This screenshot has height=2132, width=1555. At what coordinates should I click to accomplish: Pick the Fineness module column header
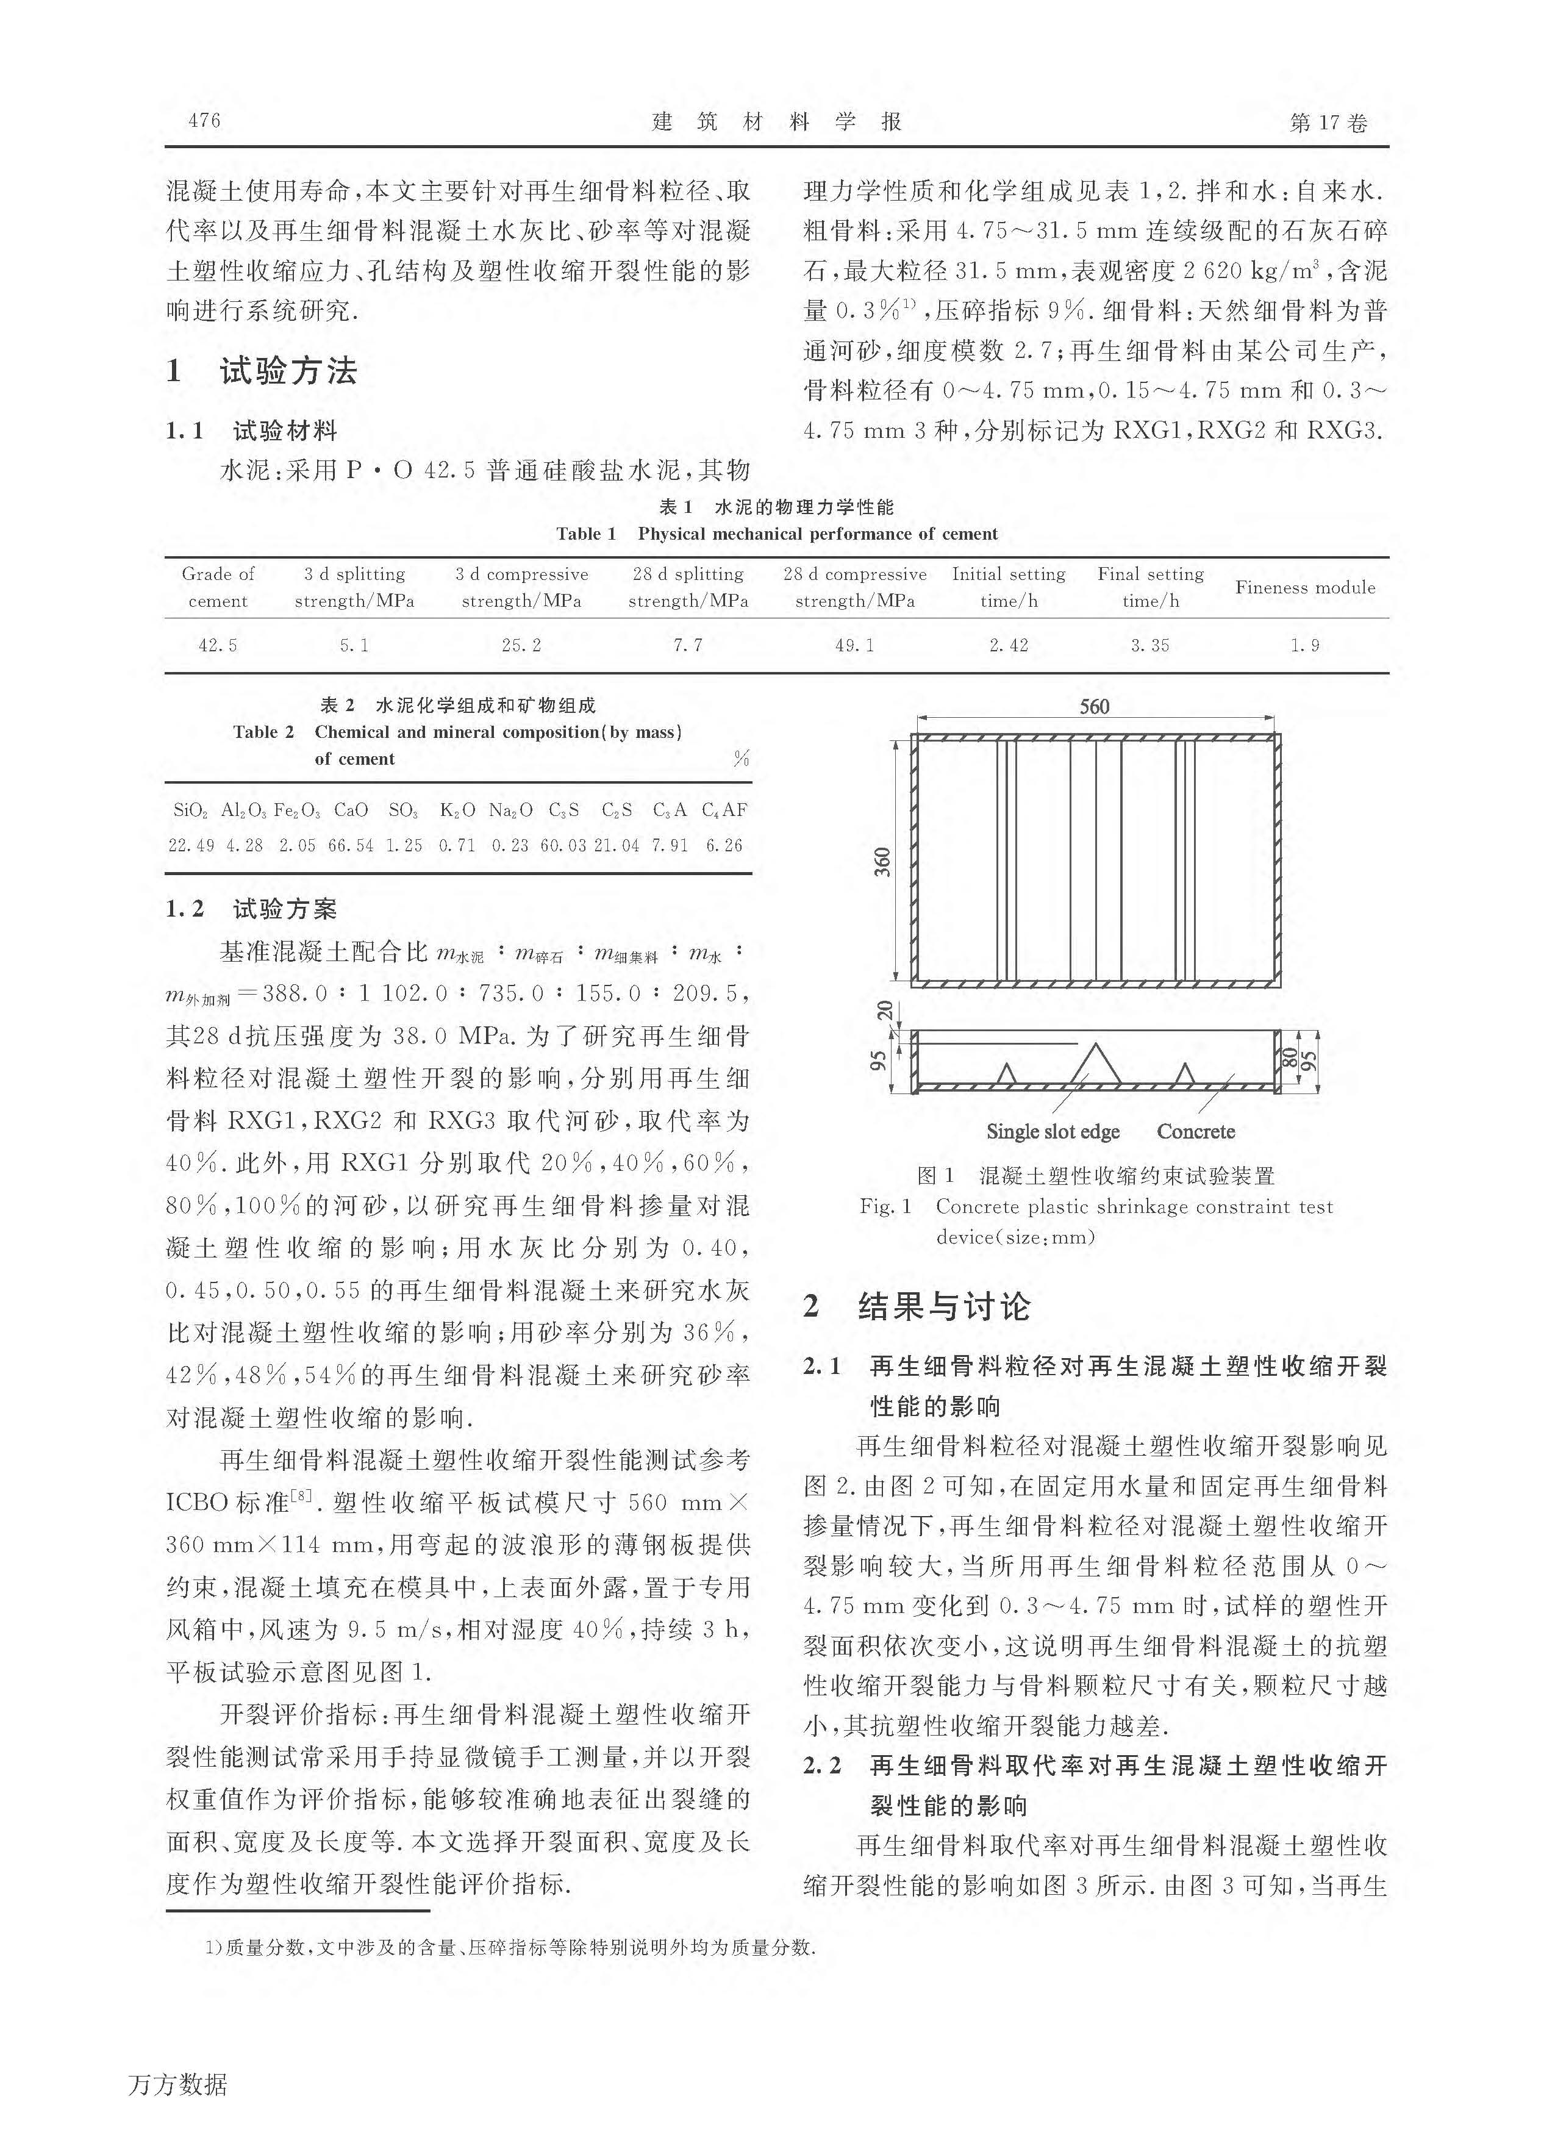[x=1304, y=587]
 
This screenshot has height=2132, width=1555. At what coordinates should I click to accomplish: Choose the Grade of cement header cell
[x=218, y=587]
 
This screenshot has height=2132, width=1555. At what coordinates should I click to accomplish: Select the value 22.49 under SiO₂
[x=191, y=845]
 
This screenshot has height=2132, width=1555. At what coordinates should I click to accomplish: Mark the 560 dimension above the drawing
[x=1094, y=706]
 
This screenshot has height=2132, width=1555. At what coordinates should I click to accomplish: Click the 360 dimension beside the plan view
[x=882, y=861]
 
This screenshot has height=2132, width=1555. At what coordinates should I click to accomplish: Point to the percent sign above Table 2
[x=741, y=759]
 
